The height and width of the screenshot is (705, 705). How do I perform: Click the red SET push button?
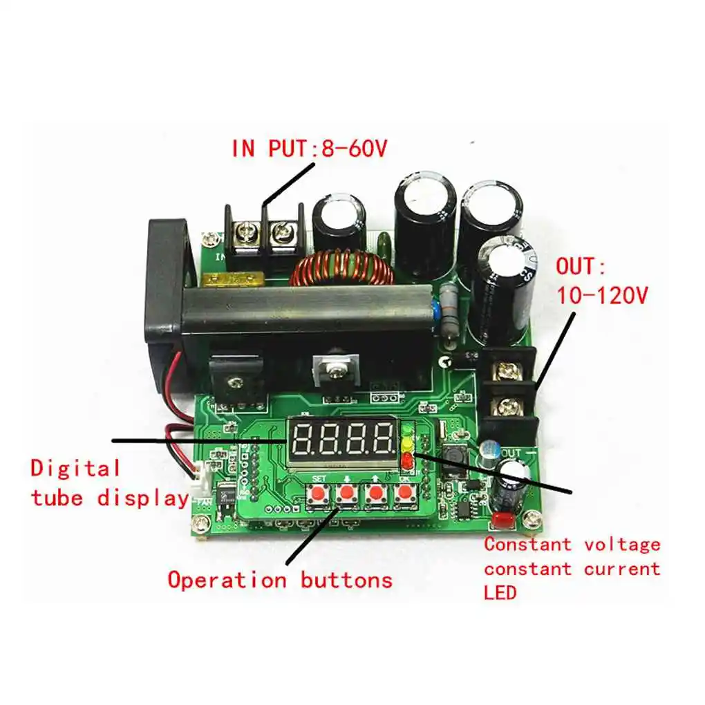point(319,495)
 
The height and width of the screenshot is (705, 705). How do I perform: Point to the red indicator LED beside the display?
point(406,459)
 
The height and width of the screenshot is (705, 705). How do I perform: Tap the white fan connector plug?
point(200,478)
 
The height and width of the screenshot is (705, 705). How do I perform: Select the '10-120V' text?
point(602,295)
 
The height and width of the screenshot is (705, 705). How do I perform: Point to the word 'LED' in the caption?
point(500,592)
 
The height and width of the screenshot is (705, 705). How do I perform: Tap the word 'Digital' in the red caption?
point(75,468)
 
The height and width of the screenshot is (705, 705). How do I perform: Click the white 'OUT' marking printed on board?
point(511,453)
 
